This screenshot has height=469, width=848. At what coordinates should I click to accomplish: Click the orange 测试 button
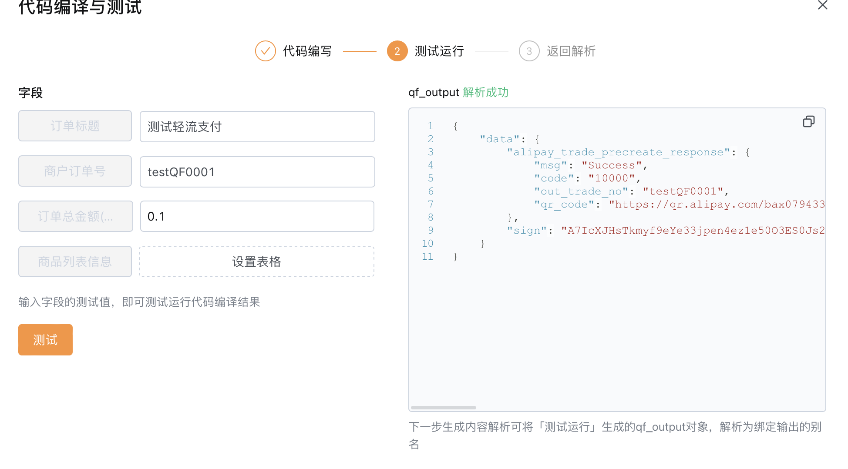pyautogui.click(x=45, y=340)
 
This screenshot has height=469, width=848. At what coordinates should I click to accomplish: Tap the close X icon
pyautogui.click(x=822, y=5)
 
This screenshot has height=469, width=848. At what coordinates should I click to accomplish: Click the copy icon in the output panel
pyautogui.click(x=809, y=121)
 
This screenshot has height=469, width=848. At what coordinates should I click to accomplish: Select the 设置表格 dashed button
pyautogui.click(x=257, y=261)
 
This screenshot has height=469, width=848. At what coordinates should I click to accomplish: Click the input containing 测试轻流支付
pyautogui.click(x=257, y=127)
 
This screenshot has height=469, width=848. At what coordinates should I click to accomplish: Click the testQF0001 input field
pyautogui.click(x=257, y=172)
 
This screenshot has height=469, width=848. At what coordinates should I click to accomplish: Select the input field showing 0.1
pyautogui.click(x=257, y=216)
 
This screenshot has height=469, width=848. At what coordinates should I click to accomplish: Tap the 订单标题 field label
pyautogui.click(x=75, y=126)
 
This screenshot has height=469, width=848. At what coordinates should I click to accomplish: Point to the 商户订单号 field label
pyautogui.click(x=75, y=171)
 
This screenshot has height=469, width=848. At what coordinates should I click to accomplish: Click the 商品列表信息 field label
pyautogui.click(x=75, y=261)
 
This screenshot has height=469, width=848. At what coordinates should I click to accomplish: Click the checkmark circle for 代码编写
pyautogui.click(x=266, y=51)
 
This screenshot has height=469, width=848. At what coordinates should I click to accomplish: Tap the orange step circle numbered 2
pyautogui.click(x=397, y=51)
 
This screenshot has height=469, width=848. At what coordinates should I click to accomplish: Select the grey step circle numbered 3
pyautogui.click(x=529, y=51)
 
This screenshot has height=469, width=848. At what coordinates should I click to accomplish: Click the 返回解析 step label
pyautogui.click(x=571, y=51)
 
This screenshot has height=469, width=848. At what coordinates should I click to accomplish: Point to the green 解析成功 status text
pyautogui.click(x=485, y=92)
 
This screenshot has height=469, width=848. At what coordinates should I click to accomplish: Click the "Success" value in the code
pyautogui.click(x=612, y=165)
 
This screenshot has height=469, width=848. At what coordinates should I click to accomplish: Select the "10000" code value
pyautogui.click(x=612, y=178)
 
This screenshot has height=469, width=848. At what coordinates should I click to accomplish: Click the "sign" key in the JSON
pyautogui.click(x=527, y=231)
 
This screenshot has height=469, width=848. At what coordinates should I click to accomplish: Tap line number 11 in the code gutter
pyautogui.click(x=427, y=257)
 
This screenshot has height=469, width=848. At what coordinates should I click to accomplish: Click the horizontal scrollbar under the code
pyautogui.click(x=444, y=408)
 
